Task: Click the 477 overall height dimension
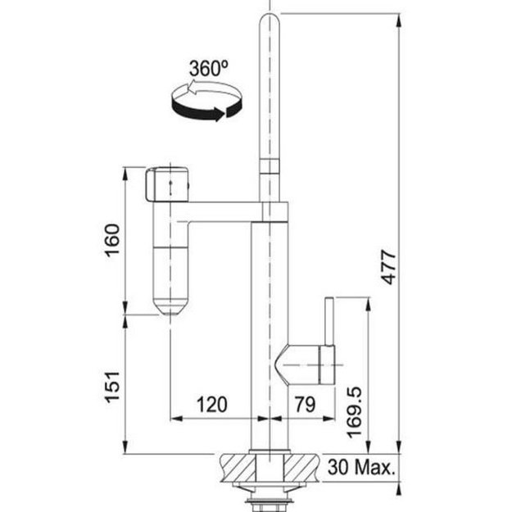(x=389, y=267)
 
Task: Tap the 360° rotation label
(x=209, y=68)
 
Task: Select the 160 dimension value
(x=112, y=240)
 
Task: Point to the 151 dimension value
(x=112, y=387)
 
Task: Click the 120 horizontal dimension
(x=211, y=405)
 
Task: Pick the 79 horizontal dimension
(x=306, y=404)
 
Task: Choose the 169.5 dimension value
(x=354, y=412)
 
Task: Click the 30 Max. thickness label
(x=361, y=467)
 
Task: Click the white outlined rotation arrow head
(x=192, y=88)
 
